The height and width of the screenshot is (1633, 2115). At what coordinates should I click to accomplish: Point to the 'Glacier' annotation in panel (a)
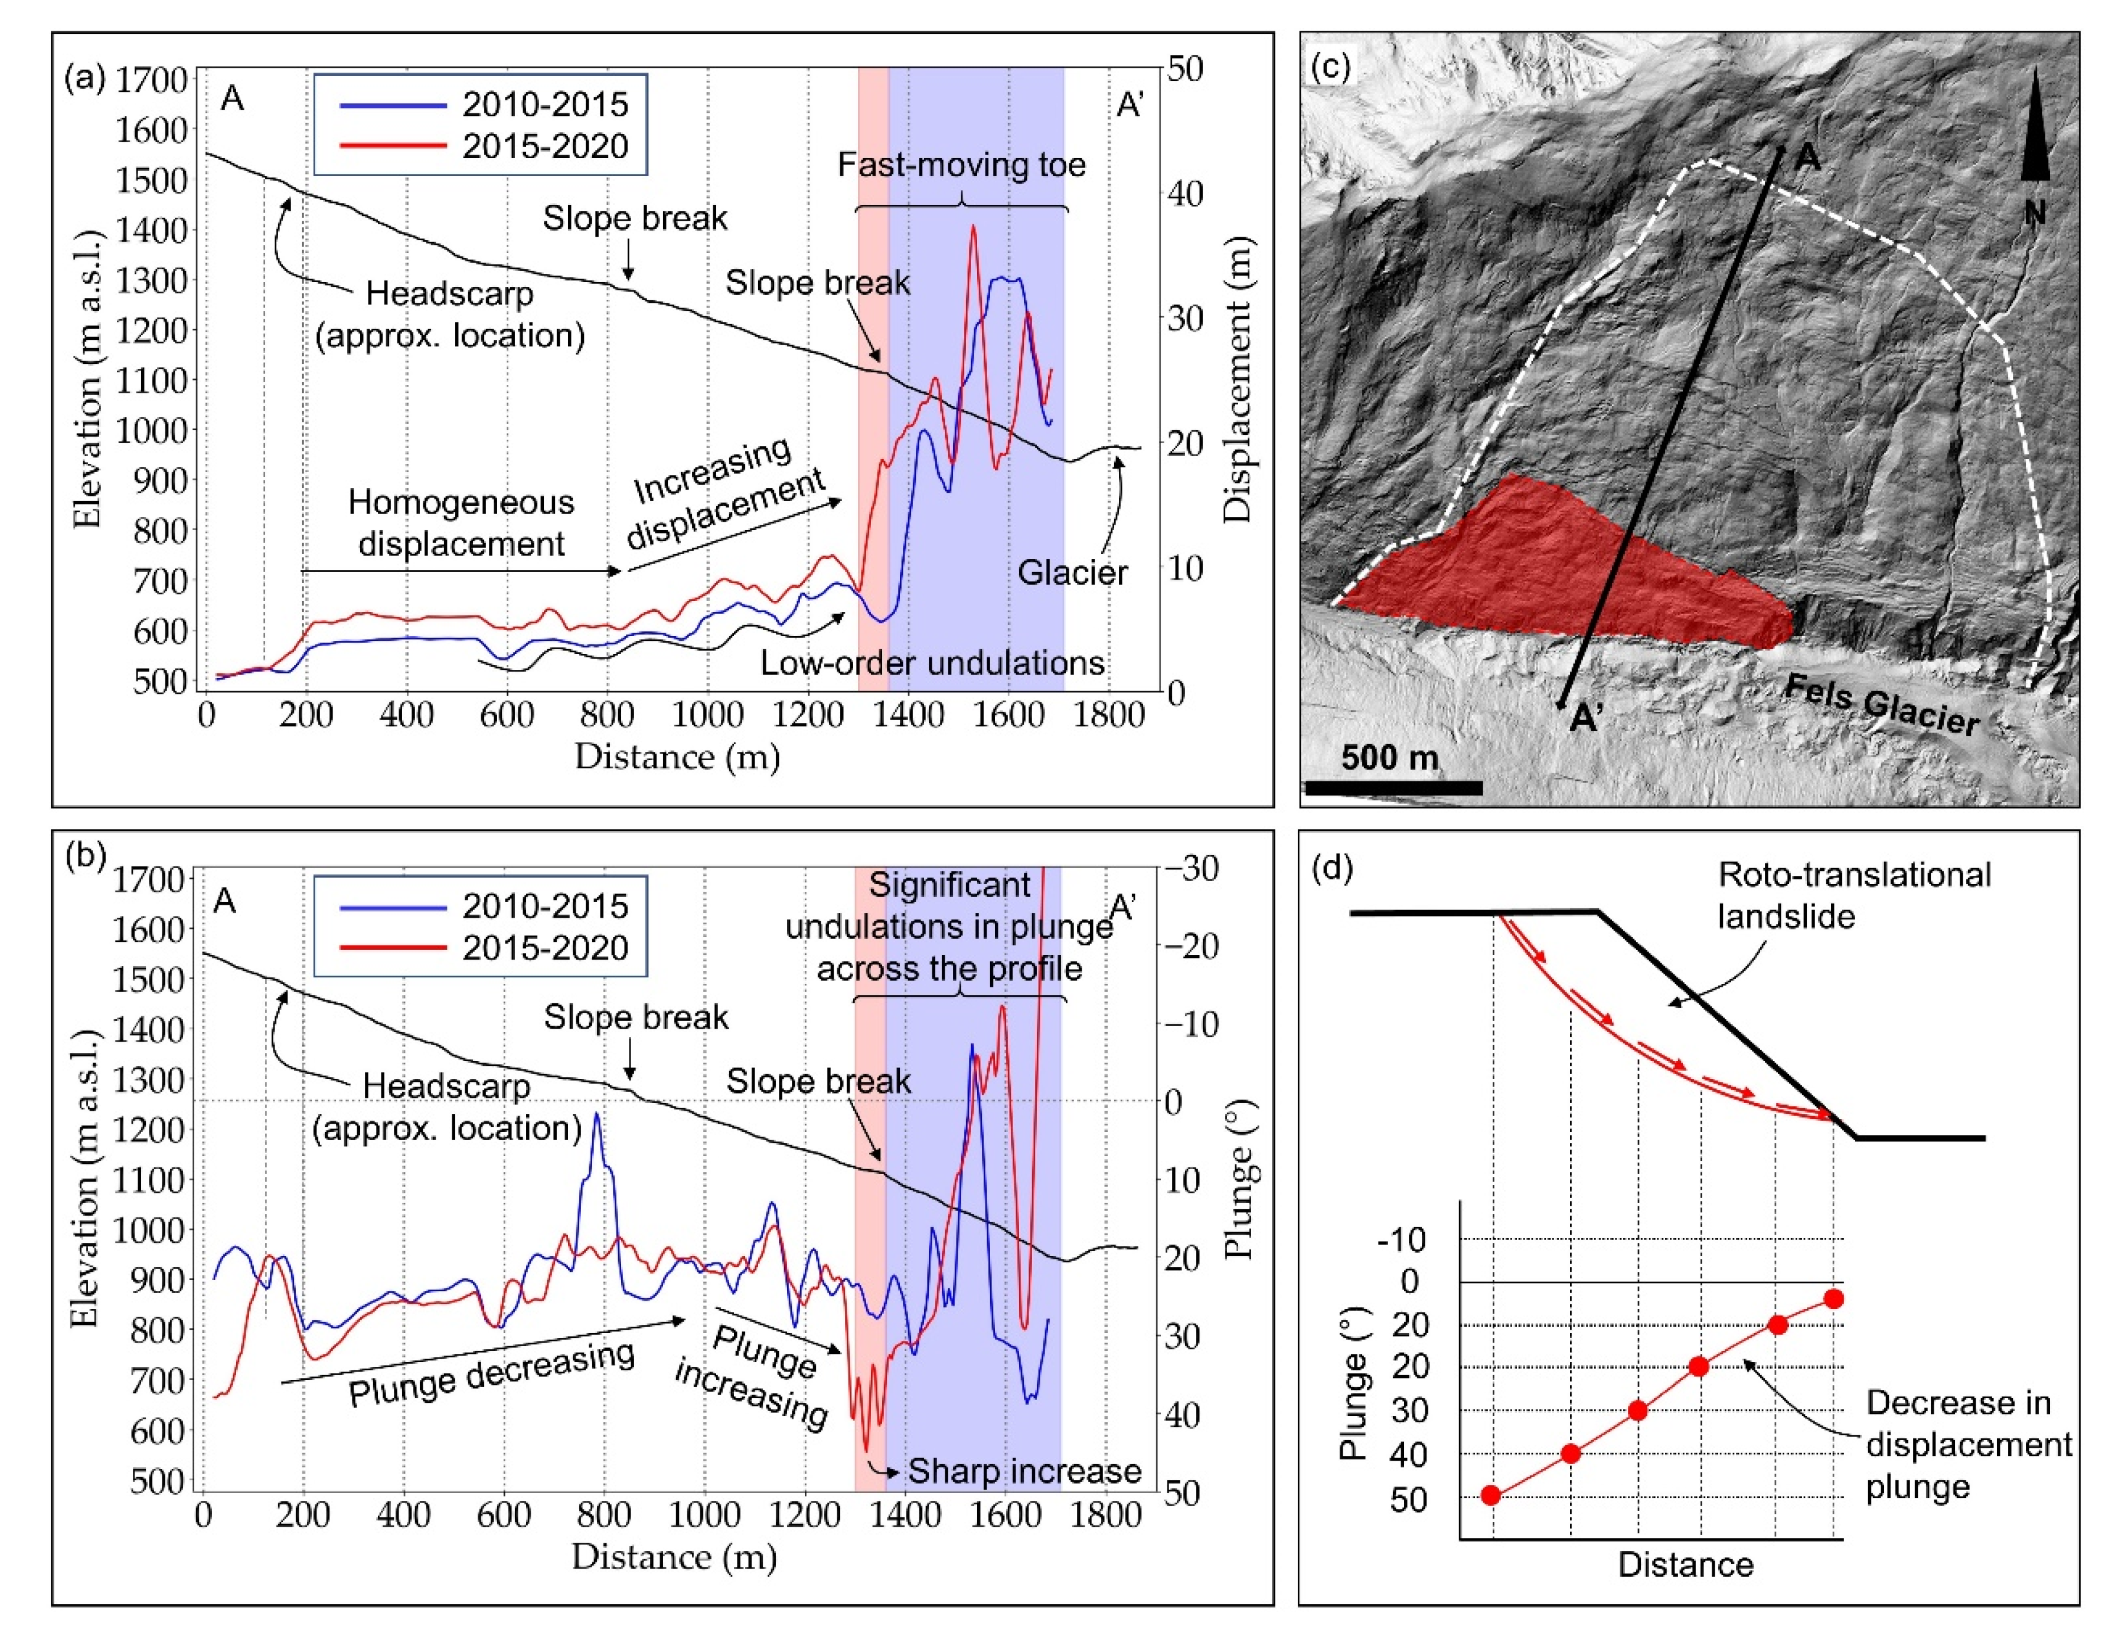tap(1072, 573)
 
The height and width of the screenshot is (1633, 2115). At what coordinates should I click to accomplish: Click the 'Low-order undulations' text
tap(932, 663)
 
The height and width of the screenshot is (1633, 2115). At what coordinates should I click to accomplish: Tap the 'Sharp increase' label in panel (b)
tap(1024, 1471)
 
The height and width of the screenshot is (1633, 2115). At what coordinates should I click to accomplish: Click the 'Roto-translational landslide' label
tap(1853, 895)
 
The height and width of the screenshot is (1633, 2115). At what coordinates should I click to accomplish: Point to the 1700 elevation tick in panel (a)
tap(151, 79)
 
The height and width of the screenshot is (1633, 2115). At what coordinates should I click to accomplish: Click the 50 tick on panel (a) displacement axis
tap(1184, 68)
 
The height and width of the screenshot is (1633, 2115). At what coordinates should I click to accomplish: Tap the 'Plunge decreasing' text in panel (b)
tap(491, 1373)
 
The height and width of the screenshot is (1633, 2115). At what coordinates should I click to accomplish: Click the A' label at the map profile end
tap(1585, 717)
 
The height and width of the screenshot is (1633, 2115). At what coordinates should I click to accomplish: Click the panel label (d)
tap(1331, 868)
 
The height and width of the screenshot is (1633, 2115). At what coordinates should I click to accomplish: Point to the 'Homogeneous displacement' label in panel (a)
tap(461, 523)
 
